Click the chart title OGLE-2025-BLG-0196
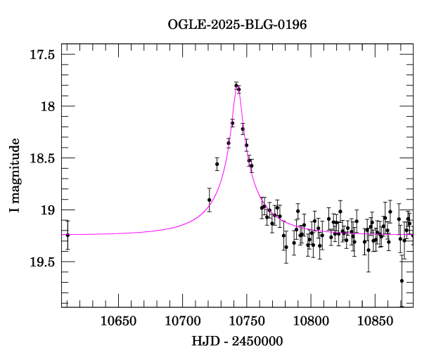point(237,25)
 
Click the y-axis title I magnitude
point(15,179)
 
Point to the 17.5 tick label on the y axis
point(43,55)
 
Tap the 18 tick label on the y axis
point(49,107)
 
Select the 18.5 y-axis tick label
point(43,159)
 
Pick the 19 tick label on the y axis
point(49,210)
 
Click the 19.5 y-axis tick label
point(43,262)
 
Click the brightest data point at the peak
point(236,85)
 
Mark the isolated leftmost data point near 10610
point(68,235)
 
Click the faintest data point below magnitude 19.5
point(402,281)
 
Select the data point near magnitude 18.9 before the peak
point(209,200)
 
